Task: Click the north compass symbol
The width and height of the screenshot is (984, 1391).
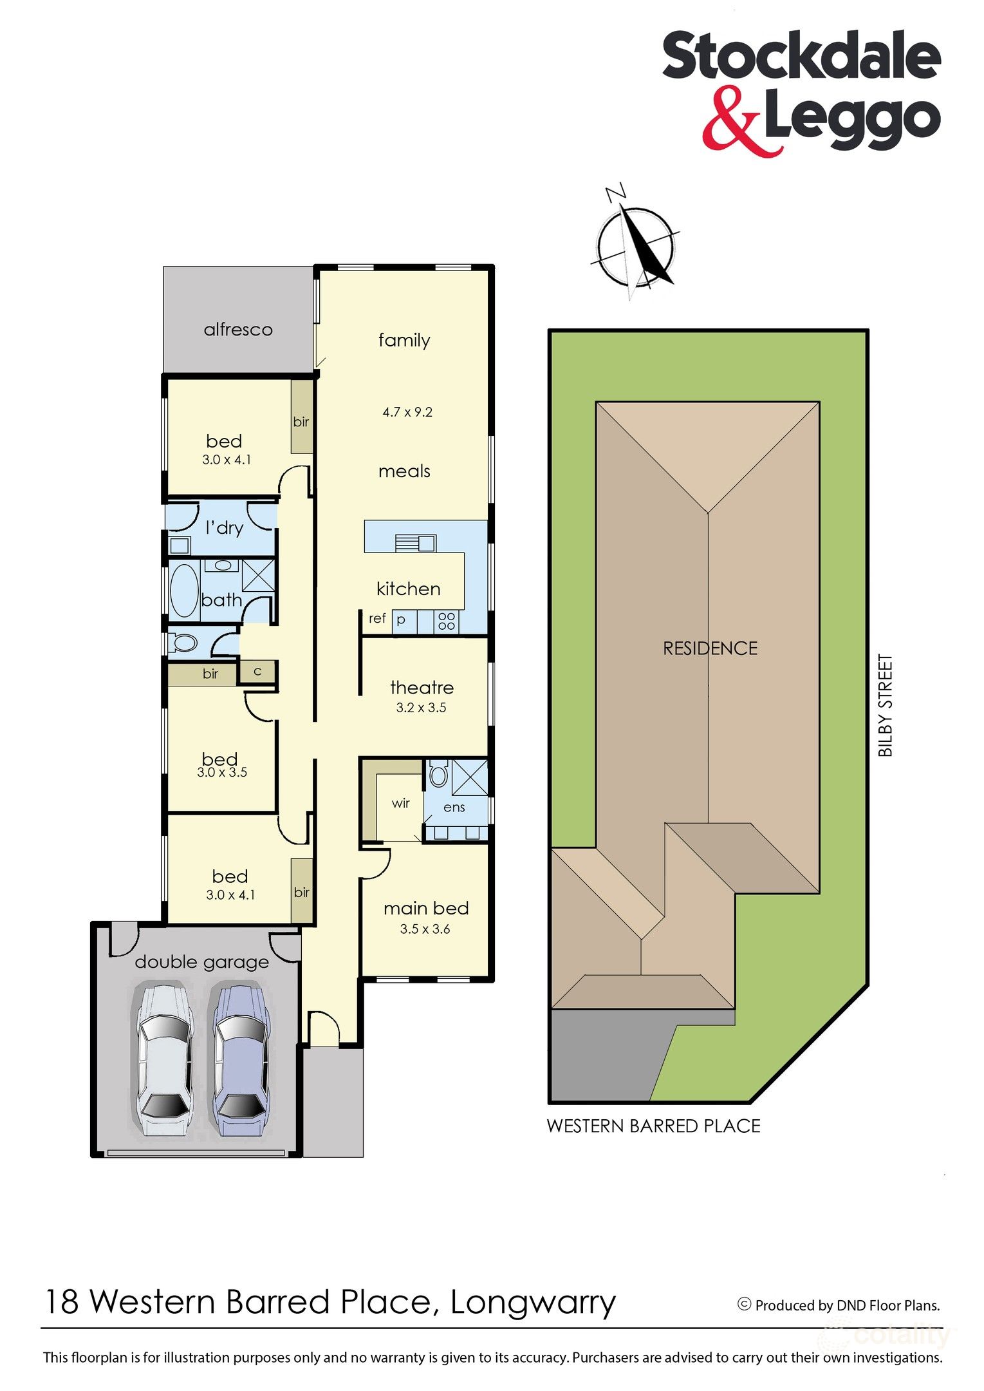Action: click(x=636, y=244)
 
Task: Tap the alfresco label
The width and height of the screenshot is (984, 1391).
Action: click(x=238, y=330)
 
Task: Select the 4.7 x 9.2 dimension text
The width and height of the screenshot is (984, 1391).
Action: click(x=407, y=412)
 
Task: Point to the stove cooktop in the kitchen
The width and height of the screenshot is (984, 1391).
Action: click(x=446, y=621)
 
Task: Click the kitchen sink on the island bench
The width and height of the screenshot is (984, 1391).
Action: click(x=416, y=543)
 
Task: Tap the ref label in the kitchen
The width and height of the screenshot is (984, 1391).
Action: click(x=377, y=618)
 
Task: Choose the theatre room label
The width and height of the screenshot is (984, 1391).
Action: click(x=422, y=688)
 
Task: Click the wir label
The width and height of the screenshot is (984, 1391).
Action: click(x=400, y=803)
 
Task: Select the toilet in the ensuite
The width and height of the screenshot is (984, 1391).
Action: click(x=438, y=774)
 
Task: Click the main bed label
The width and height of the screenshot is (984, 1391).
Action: click(x=426, y=908)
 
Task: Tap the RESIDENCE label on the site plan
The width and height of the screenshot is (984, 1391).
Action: click(x=710, y=648)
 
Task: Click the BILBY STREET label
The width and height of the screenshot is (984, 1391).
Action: click(x=886, y=706)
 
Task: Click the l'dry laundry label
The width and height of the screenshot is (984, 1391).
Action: click(x=224, y=527)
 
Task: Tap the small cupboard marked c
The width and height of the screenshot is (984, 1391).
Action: click(x=257, y=672)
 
